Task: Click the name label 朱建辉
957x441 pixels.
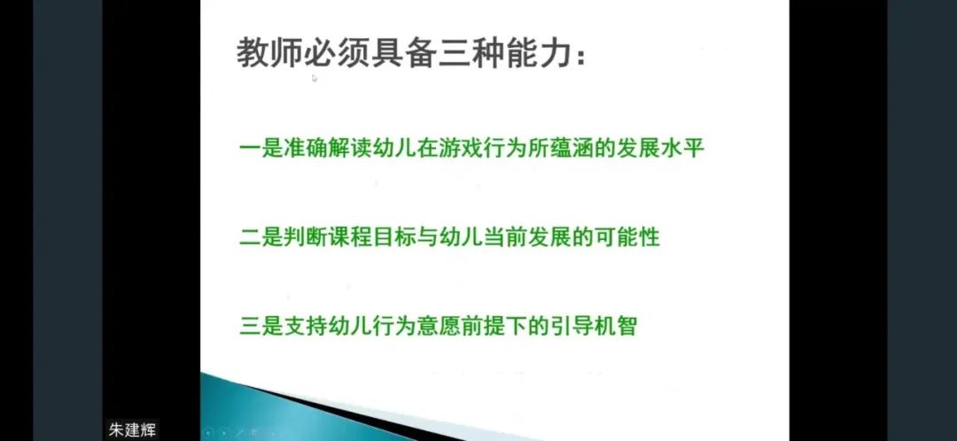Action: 132,429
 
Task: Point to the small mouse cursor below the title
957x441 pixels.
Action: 315,78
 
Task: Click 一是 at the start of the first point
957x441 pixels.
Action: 261,148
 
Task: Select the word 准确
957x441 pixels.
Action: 305,148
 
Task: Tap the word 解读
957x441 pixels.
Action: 348,148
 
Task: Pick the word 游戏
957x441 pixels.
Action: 459,148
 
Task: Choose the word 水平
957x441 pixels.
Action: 682,148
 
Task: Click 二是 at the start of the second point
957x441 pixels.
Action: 261,236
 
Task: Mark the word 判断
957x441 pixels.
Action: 305,236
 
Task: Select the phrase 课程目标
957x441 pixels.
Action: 371,236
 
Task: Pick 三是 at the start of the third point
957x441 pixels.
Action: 261,325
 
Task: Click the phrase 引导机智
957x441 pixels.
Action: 593,325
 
